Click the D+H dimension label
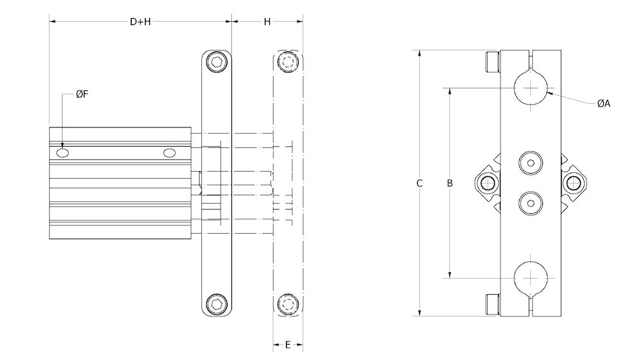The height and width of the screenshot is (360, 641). pos(140,22)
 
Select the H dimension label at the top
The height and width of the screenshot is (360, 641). pos(267,22)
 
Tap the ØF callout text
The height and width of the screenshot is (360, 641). pos(81,95)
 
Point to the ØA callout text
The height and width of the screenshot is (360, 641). pos(603,104)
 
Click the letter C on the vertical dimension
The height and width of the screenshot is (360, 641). pos(419,183)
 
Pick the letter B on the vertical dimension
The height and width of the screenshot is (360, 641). pos(450,183)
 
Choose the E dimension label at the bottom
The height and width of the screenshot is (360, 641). pos(288,345)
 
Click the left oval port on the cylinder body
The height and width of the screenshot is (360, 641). pos(63,153)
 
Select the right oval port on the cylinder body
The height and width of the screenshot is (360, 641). pos(169,153)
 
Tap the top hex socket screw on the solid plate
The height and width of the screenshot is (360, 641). pos(218,62)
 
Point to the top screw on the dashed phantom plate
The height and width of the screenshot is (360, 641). pos(288,62)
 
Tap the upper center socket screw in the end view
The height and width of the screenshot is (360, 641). pos(531,163)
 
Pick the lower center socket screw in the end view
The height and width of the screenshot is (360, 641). pos(531,203)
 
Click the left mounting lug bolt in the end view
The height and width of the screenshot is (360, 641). pos(488,183)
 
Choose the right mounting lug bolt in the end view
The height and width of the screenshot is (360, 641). pos(574,184)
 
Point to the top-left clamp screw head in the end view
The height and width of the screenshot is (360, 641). pos(492,63)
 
